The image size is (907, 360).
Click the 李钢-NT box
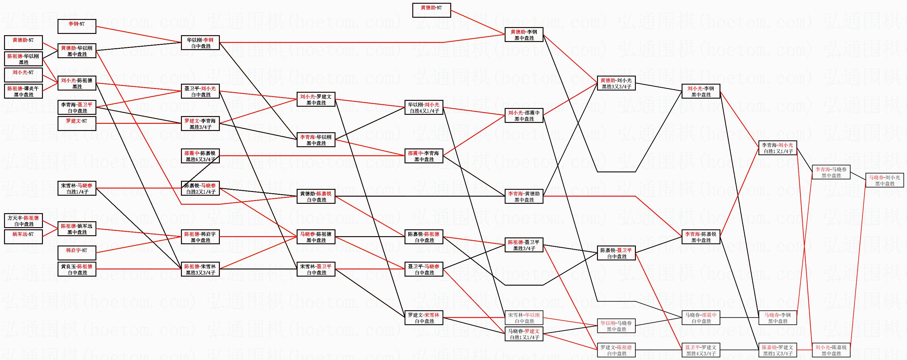(x=77, y=26)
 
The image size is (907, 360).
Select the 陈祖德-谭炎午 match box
(x=24, y=91)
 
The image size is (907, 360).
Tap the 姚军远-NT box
(x=24, y=237)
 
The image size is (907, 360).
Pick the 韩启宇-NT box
(x=77, y=253)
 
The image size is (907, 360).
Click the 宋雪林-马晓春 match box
(x=77, y=189)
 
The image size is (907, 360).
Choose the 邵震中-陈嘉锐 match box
(x=200, y=156)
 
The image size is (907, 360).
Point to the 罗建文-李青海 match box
(x=200, y=124)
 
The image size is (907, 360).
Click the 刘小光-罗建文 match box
(x=316, y=99)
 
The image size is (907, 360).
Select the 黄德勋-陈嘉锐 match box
(x=316, y=197)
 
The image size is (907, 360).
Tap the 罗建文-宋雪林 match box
(x=423, y=318)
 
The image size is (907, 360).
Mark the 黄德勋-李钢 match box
(x=524, y=35)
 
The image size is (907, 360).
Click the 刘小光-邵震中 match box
(x=524, y=115)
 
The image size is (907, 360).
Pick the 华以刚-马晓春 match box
(x=616, y=326)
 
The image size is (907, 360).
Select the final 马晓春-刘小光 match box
(x=885, y=180)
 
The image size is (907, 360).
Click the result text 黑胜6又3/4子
(x=200, y=160)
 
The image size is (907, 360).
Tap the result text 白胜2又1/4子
(x=200, y=192)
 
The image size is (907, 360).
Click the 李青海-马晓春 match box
(x=831, y=172)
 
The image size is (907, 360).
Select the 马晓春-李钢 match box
(x=777, y=318)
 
